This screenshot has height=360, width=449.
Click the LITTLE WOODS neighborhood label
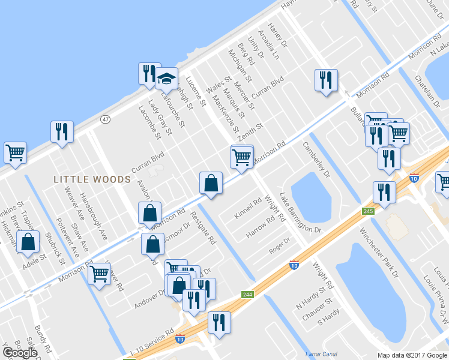[x=92, y=179]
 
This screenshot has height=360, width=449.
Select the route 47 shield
[x=106, y=119]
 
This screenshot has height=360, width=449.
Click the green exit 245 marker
[x=369, y=211]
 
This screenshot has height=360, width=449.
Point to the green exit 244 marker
[x=247, y=295]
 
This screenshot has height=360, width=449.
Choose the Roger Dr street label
[x=280, y=245]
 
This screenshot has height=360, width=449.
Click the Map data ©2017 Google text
[x=412, y=355]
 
